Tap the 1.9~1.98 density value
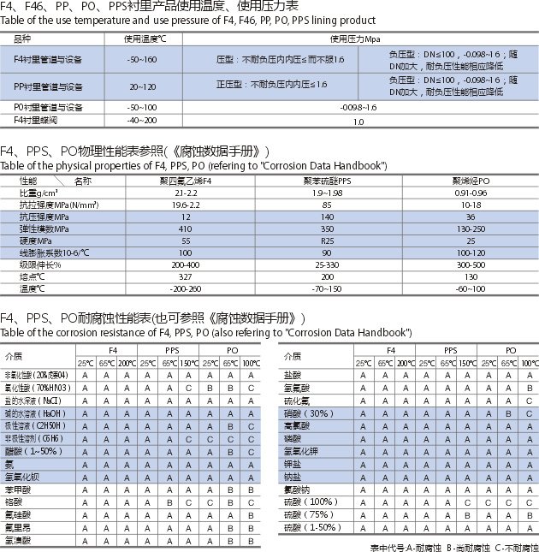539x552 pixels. click(x=328, y=193)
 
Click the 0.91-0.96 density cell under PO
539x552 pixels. click(x=471, y=193)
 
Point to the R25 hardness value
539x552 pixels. click(x=328, y=241)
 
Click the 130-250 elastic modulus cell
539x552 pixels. click(x=471, y=229)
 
